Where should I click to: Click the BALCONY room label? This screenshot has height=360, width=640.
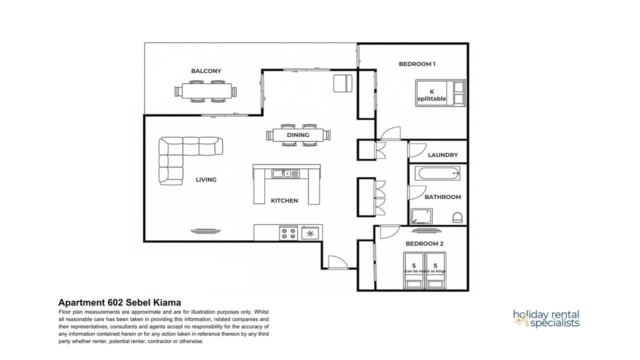(206, 71)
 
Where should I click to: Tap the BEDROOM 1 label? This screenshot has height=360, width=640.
(417, 64)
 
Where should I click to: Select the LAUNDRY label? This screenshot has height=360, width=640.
(443, 155)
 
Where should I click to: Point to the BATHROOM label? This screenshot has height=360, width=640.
(442, 197)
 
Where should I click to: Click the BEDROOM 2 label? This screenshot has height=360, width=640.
(424, 243)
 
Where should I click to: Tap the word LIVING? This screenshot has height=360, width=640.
(206, 179)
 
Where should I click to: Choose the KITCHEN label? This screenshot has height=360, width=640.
(284, 201)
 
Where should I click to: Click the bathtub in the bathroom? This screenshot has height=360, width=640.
(437, 173)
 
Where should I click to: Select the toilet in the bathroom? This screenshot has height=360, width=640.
(457, 217)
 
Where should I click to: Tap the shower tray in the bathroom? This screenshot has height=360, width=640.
(421, 216)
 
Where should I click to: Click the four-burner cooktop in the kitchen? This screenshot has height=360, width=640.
(288, 233)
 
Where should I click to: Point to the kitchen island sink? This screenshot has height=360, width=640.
(285, 173)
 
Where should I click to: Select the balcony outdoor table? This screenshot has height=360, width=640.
(207, 91)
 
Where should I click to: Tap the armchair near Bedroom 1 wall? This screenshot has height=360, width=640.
(343, 83)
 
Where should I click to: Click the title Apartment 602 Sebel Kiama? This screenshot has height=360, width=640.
(119, 302)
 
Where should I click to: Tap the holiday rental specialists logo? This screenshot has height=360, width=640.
(546, 319)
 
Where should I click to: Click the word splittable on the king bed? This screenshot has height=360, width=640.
(431, 99)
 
